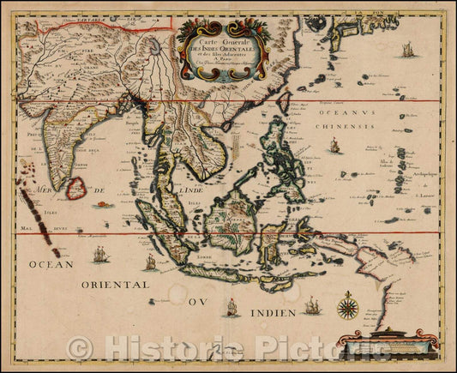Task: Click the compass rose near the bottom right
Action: coord(348,305)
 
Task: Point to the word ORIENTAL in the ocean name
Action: coord(116,284)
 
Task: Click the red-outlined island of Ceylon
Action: coord(76,186)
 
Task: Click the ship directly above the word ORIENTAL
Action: coord(100,254)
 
